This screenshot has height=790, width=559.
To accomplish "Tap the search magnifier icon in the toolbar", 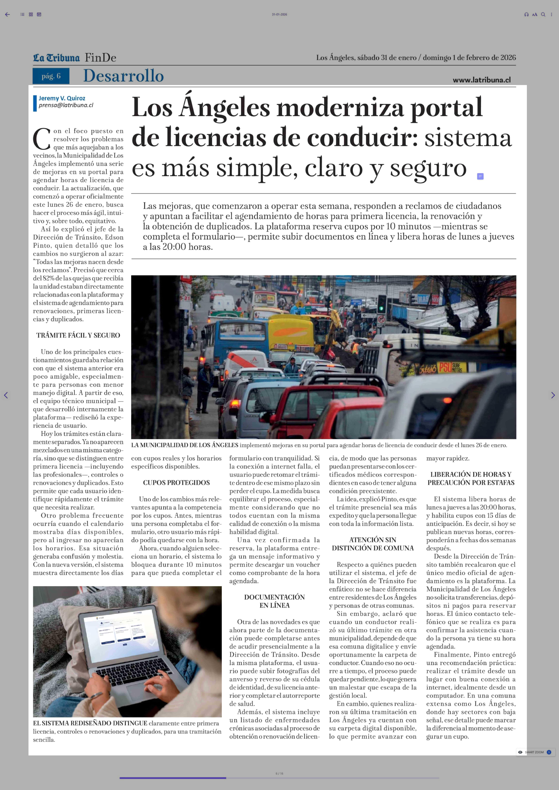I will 543,14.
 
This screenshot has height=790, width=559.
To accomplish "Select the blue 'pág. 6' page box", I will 51,76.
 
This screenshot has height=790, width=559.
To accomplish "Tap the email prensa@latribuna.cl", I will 66,105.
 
